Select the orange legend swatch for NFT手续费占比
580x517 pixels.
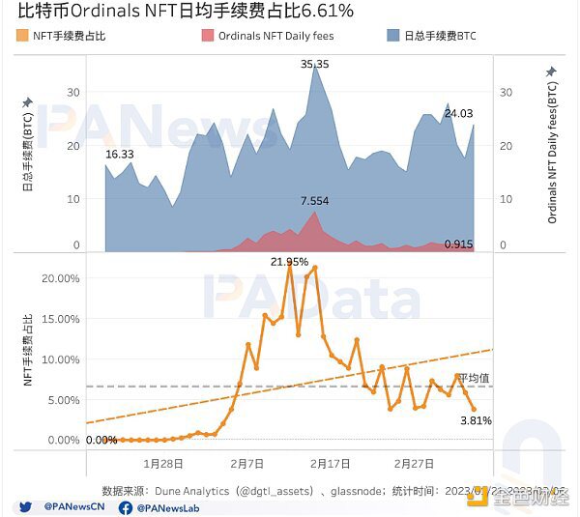pyautogui.click(x=23, y=36)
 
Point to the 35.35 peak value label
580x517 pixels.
pyautogui.click(x=314, y=64)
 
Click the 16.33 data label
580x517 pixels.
pyautogui.click(x=119, y=155)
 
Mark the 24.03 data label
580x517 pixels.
pyautogui.click(x=457, y=113)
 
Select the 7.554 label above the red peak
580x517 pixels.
pyautogui.click(x=314, y=200)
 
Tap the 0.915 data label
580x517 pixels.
pyautogui.click(x=458, y=244)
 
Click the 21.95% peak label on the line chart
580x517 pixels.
pyautogui.click(x=289, y=262)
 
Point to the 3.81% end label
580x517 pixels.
pyautogui.click(x=476, y=420)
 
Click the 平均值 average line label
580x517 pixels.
pyautogui.click(x=475, y=378)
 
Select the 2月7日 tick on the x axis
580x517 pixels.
pyautogui.click(x=248, y=463)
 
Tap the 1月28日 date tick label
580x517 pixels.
pyautogui.click(x=162, y=463)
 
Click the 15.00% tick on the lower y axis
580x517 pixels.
pyautogui.click(x=62, y=319)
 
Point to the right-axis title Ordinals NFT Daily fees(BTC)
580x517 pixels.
pyautogui.click(x=552, y=152)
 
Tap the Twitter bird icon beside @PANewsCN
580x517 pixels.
pyautogui.click(x=22, y=505)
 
